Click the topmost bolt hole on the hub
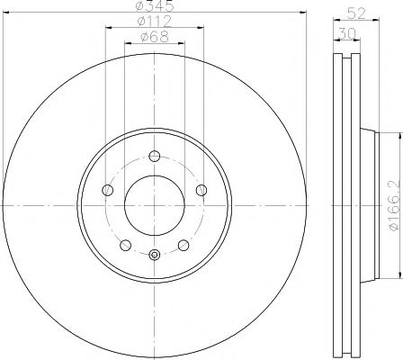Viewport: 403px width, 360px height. [154, 154]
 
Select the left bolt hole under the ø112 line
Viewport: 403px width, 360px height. [108, 190]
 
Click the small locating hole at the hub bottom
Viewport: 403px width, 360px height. [154, 254]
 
